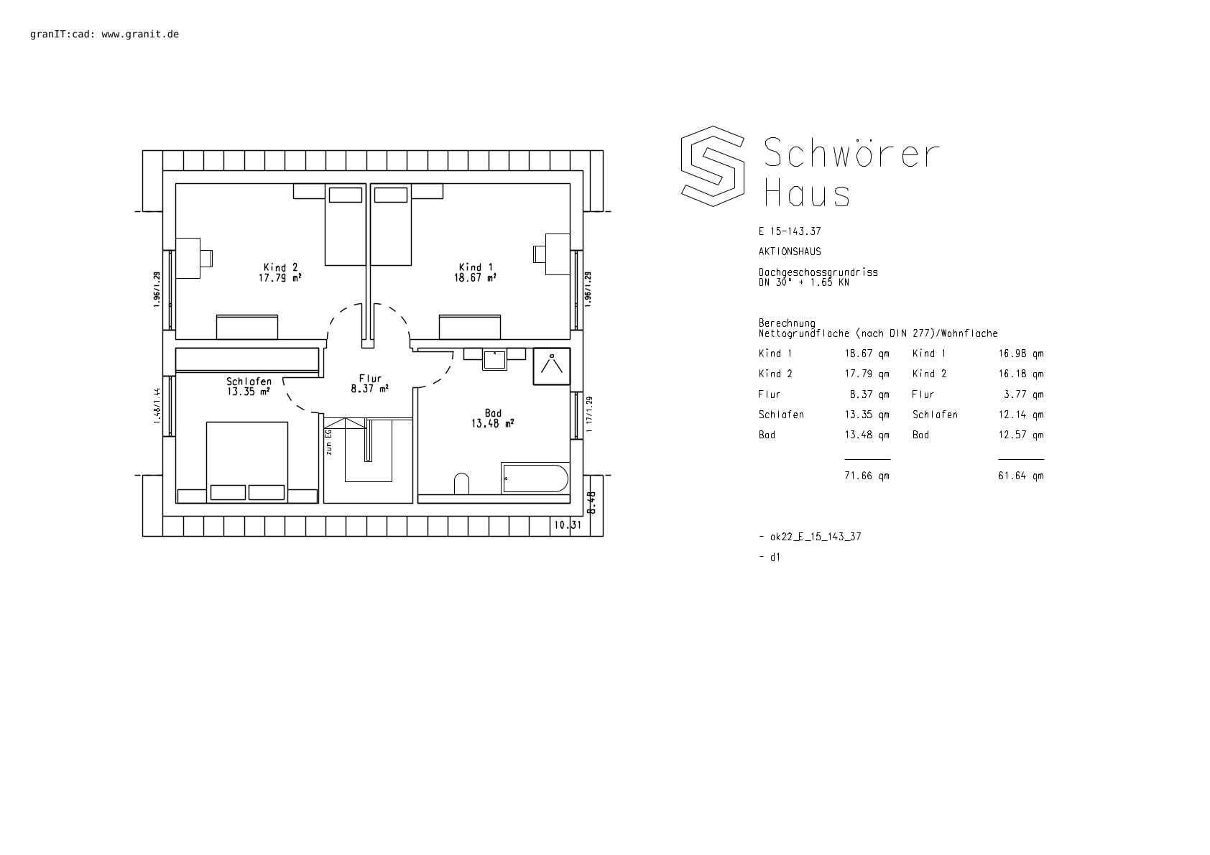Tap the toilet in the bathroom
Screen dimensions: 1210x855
click(x=461, y=484)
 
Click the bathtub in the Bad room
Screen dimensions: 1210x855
click(x=535, y=479)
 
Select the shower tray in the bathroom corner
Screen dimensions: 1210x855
click(x=552, y=366)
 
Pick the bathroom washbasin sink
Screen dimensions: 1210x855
click(x=495, y=360)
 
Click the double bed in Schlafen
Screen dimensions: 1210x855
click(x=247, y=462)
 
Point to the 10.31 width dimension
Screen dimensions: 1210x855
click(x=567, y=525)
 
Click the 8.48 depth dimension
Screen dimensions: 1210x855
click(x=591, y=502)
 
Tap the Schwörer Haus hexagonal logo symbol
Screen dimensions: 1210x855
click(x=713, y=167)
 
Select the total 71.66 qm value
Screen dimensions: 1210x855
click(x=867, y=476)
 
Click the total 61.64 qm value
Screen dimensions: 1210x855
click(x=1021, y=476)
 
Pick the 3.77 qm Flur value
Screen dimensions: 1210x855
click(x=1024, y=395)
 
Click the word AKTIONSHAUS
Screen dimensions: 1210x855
click(x=790, y=251)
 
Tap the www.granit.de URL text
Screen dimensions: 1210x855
click(x=140, y=34)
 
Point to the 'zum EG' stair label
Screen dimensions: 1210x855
click(x=328, y=443)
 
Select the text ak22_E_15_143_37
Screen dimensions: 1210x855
click(x=816, y=537)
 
